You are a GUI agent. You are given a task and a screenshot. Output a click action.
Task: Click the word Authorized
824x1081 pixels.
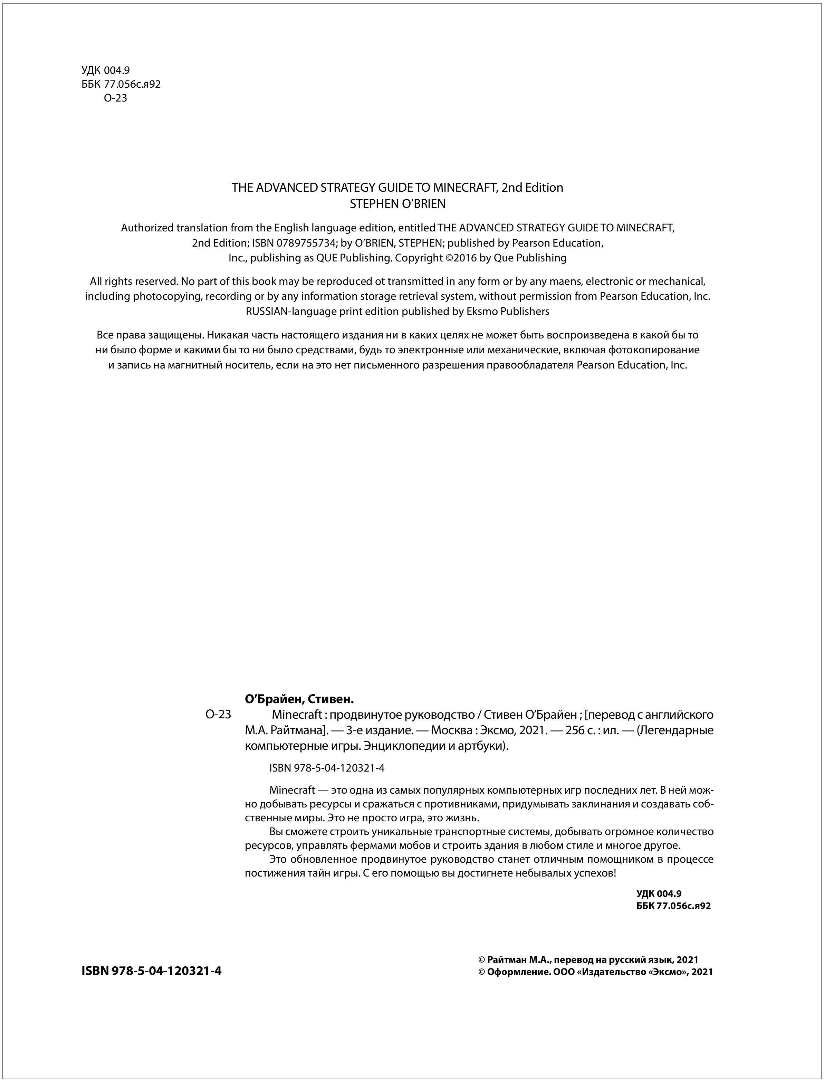click(147, 228)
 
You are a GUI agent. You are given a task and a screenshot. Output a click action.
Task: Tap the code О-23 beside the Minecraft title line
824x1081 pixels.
click(218, 714)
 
